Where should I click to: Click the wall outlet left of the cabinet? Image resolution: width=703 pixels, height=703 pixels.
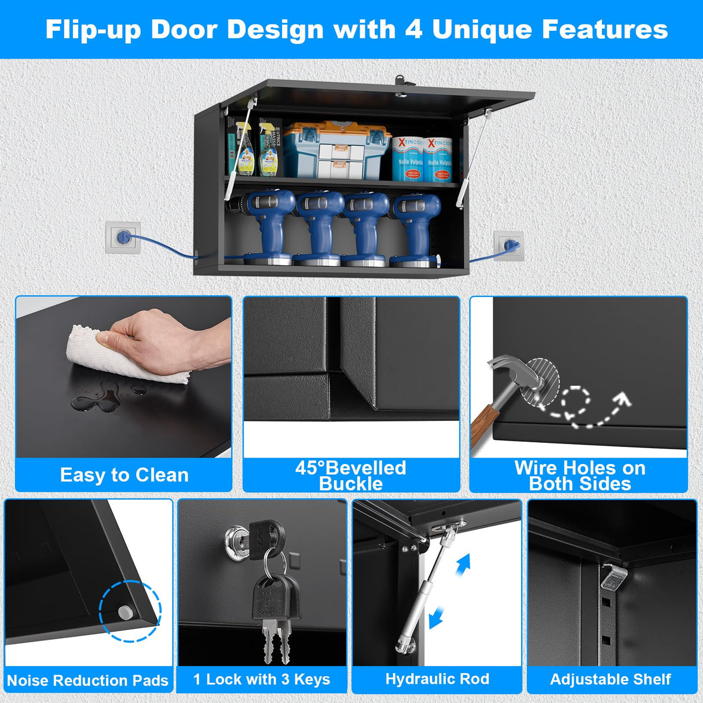(123, 237)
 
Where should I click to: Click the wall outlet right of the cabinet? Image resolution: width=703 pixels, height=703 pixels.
(509, 246)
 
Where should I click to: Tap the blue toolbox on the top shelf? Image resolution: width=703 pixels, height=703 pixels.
(336, 150)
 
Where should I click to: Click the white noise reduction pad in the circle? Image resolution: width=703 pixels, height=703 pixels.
(124, 612)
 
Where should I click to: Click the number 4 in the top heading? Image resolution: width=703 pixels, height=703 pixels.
(413, 30)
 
